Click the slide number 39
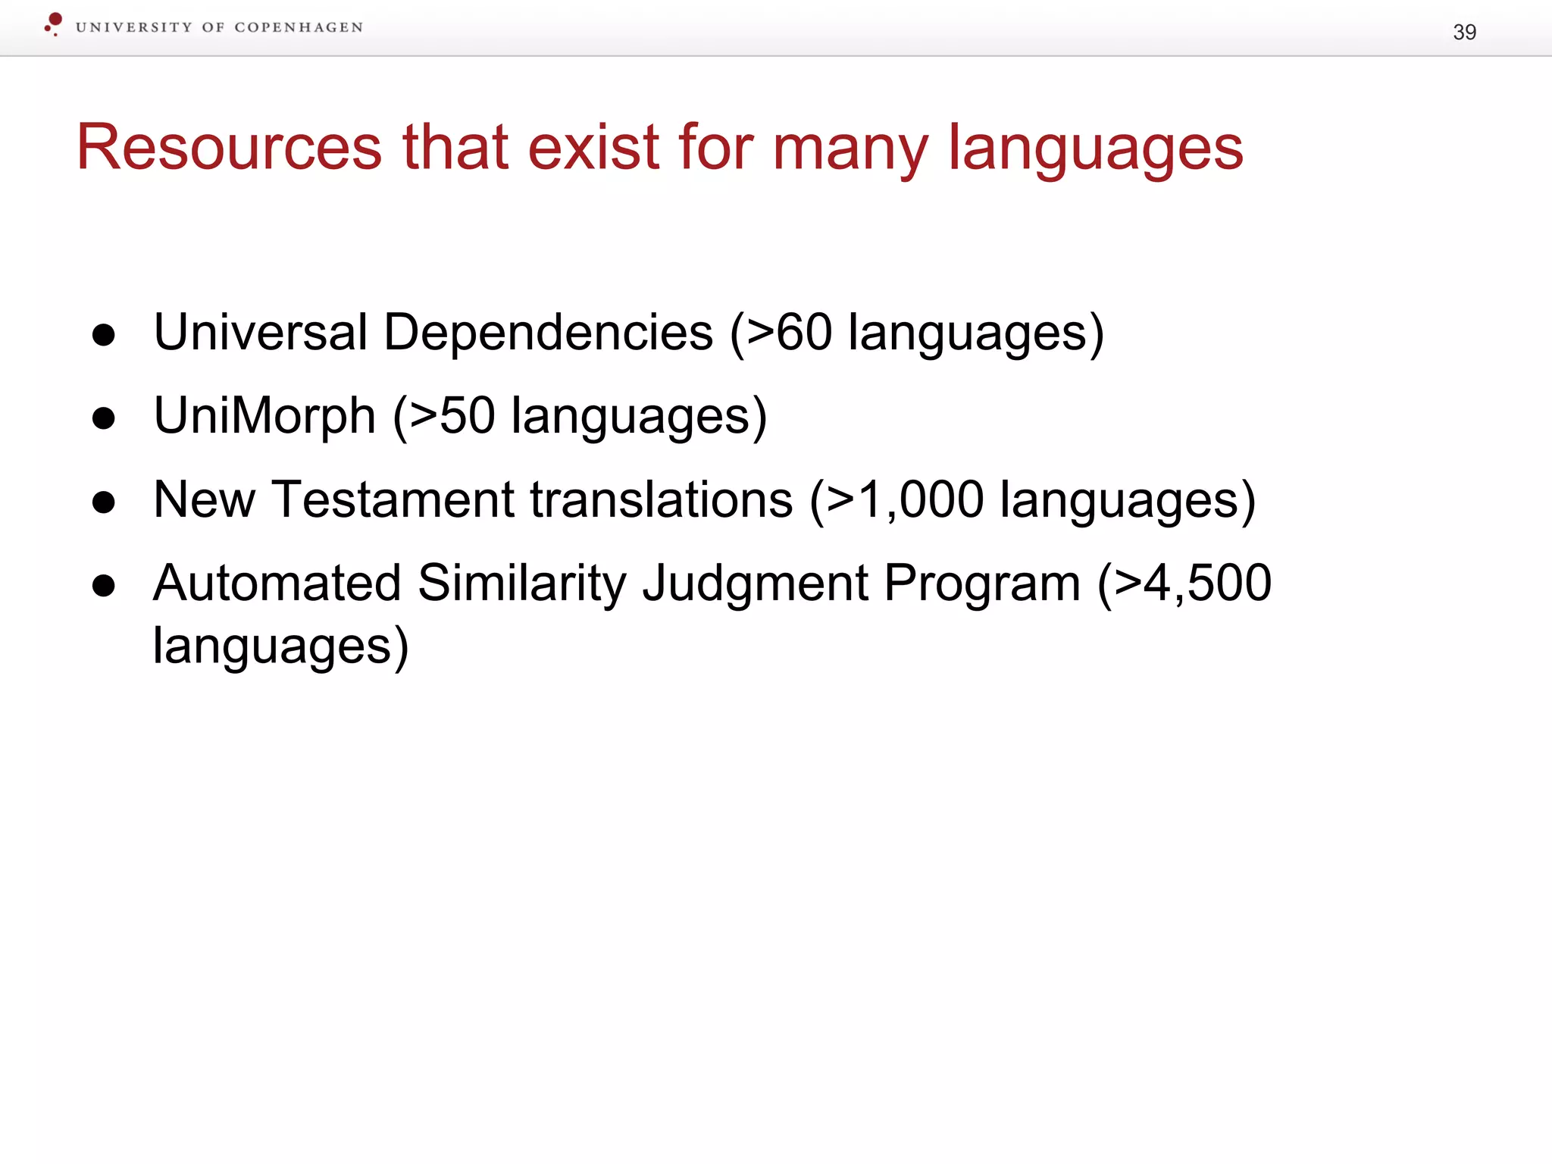pos(1464,32)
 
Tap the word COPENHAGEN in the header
pos(299,28)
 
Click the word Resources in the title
pos(229,147)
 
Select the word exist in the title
pos(593,147)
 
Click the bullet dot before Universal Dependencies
pos(103,335)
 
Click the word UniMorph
pos(264,416)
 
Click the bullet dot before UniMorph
pos(103,418)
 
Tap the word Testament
pos(393,499)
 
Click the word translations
pos(661,499)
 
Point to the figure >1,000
pos(905,499)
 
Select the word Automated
pos(277,583)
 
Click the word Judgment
pos(755,584)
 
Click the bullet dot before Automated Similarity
pos(103,586)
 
